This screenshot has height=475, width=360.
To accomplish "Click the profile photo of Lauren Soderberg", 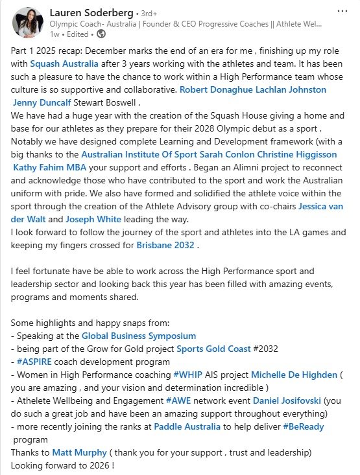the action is pyautogui.click(x=27, y=21).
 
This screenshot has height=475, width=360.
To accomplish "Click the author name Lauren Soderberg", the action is pyautogui.click(x=95, y=11).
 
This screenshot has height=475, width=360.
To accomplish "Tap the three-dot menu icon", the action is pyautogui.click(x=342, y=11).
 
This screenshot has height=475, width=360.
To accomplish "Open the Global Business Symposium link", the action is pyautogui.click(x=139, y=336).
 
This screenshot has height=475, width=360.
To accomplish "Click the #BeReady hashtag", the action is pyautogui.click(x=303, y=426).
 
